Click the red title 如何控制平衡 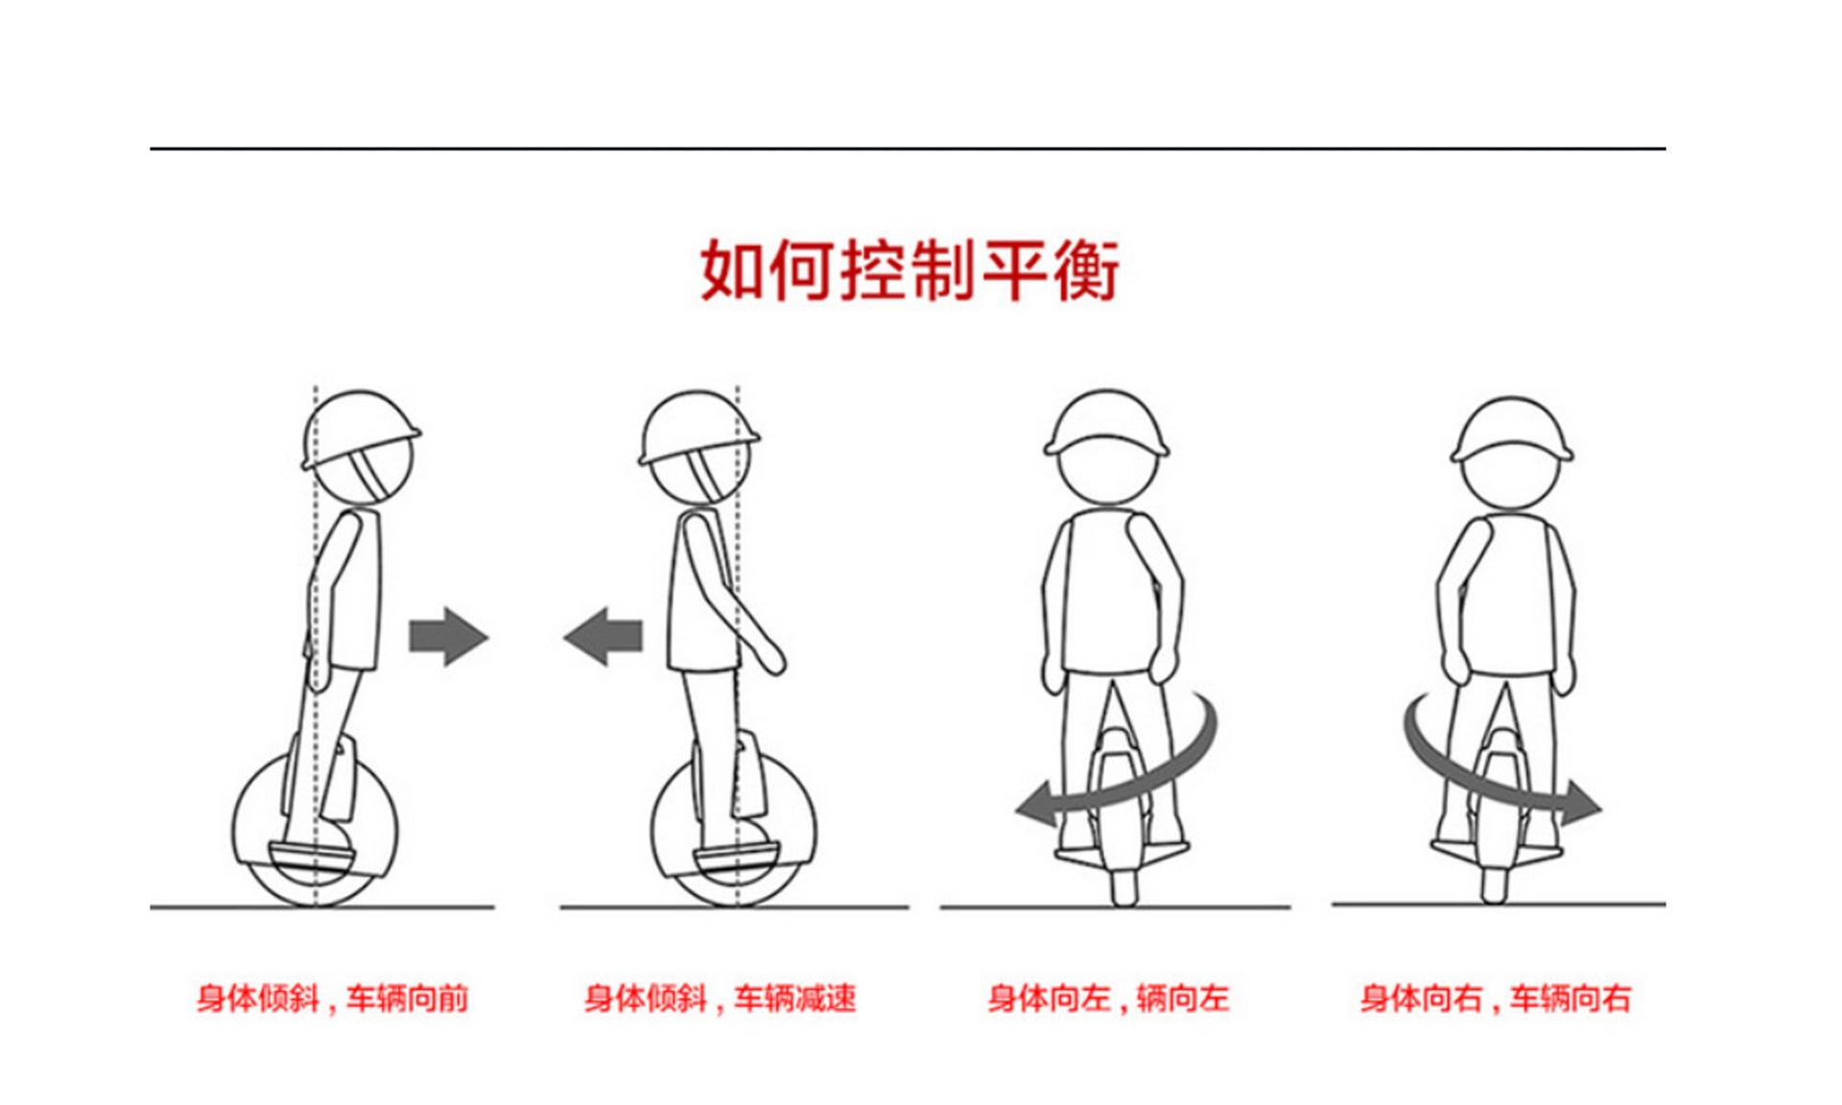tap(909, 270)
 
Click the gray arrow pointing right tap(448, 636)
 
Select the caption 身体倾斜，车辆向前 tap(332, 999)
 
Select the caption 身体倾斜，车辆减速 tap(720, 999)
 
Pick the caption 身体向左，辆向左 tap(1108, 999)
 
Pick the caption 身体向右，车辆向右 tap(1495, 999)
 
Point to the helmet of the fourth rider tap(1512, 427)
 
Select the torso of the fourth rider tap(1507, 600)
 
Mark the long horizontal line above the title tap(907, 149)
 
